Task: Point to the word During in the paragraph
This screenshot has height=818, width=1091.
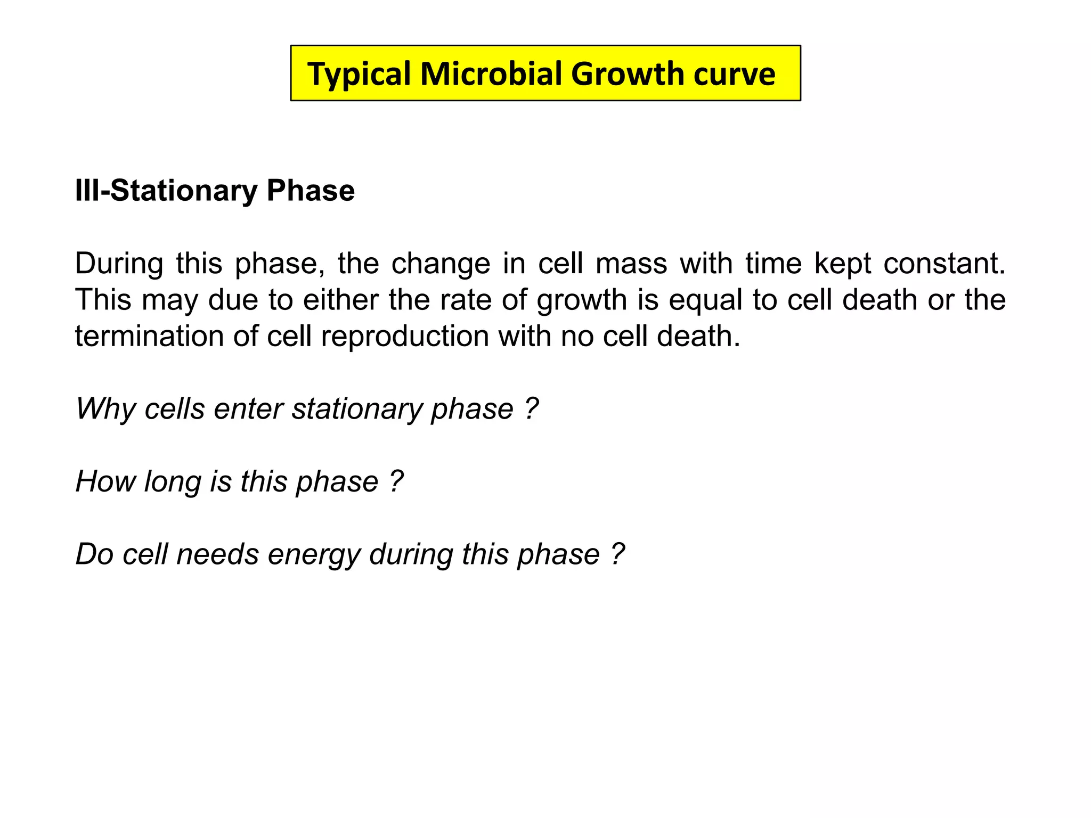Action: pyautogui.click(x=119, y=264)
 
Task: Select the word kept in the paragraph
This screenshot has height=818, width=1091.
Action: pyautogui.click(x=842, y=264)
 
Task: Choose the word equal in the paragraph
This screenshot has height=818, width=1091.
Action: pyautogui.click(x=705, y=300)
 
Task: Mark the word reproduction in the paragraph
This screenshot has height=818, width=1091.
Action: pyautogui.click(x=405, y=337)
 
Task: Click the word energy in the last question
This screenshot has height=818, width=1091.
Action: pyautogui.click(x=314, y=554)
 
